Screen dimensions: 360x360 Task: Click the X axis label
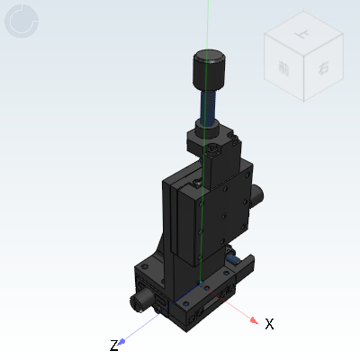pos(269,323)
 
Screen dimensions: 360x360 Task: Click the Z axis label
pos(113,346)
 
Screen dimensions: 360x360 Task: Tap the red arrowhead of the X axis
pos(255,319)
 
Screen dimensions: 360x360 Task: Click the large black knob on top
pos(209,68)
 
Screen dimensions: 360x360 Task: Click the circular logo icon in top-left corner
pos(22,22)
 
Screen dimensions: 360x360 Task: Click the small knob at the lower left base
pos(142,298)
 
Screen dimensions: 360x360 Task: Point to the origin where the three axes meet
pos(208,292)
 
